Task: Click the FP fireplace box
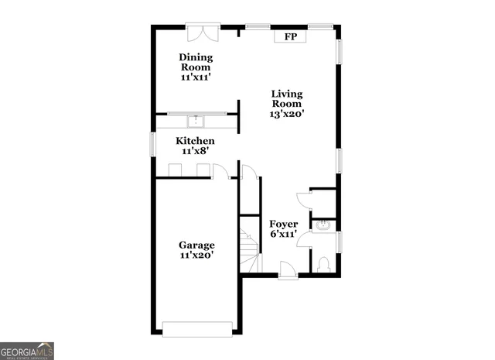[290, 36]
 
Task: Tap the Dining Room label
[196, 63]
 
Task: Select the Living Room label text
[286, 99]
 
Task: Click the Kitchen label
[195, 141]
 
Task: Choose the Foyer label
[284, 224]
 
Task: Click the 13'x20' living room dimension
[286, 113]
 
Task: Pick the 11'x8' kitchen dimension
[195, 151]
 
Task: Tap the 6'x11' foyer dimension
[284, 234]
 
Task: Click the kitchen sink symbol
[196, 121]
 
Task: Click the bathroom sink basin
[324, 226]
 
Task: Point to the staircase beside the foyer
[249, 248]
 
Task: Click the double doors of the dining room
[203, 34]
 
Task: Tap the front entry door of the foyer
[286, 269]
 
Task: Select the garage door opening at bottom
[196, 327]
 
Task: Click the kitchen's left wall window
[153, 144]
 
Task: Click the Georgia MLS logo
[27, 351]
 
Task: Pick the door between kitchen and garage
[220, 171]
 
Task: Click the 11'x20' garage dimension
[196, 255]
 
